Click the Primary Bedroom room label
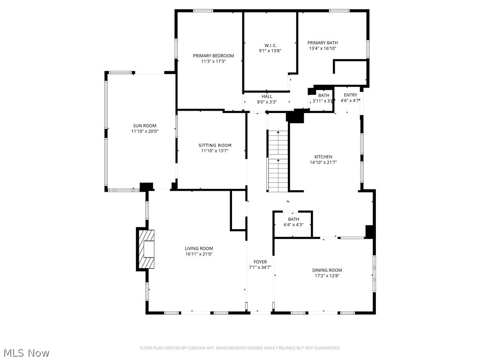(x=213, y=56)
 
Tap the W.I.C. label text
(x=270, y=45)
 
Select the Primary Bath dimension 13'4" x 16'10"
(x=322, y=48)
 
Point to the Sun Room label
(x=145, y=126)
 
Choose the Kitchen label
(x=323, y=157)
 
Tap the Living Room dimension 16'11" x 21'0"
(x=199, y=254)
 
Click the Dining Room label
(x=327, y=270)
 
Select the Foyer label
(x=260, y=262)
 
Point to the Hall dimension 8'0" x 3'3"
(x=267, y=102)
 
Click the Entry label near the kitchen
(x=350, y=95)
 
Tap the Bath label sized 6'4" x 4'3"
(x=293, y=219)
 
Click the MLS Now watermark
(x=26, y=352)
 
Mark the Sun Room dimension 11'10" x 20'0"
(x=145, y=131)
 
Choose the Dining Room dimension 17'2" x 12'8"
(x=327, y=276)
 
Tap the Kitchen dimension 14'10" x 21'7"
(x=323, y=163)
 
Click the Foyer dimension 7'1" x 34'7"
(x=260, y=268)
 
